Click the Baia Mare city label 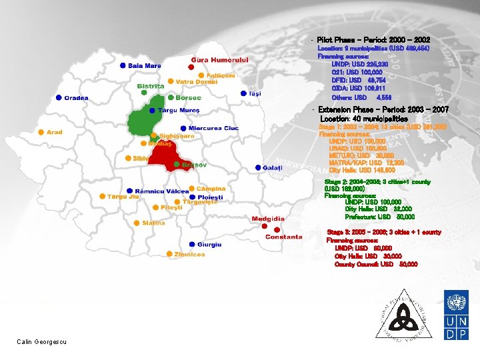point(145,66)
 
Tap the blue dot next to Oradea point(59,98)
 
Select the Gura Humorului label point(220,60)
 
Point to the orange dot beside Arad point(41,132)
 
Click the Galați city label point(273,167)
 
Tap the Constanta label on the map point(283,237)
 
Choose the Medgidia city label point(268,219)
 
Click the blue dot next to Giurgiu point(191,245)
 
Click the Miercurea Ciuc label point(213,128)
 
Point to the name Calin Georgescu point(42,342)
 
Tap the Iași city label point(255,94)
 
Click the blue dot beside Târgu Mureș point(153,110)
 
